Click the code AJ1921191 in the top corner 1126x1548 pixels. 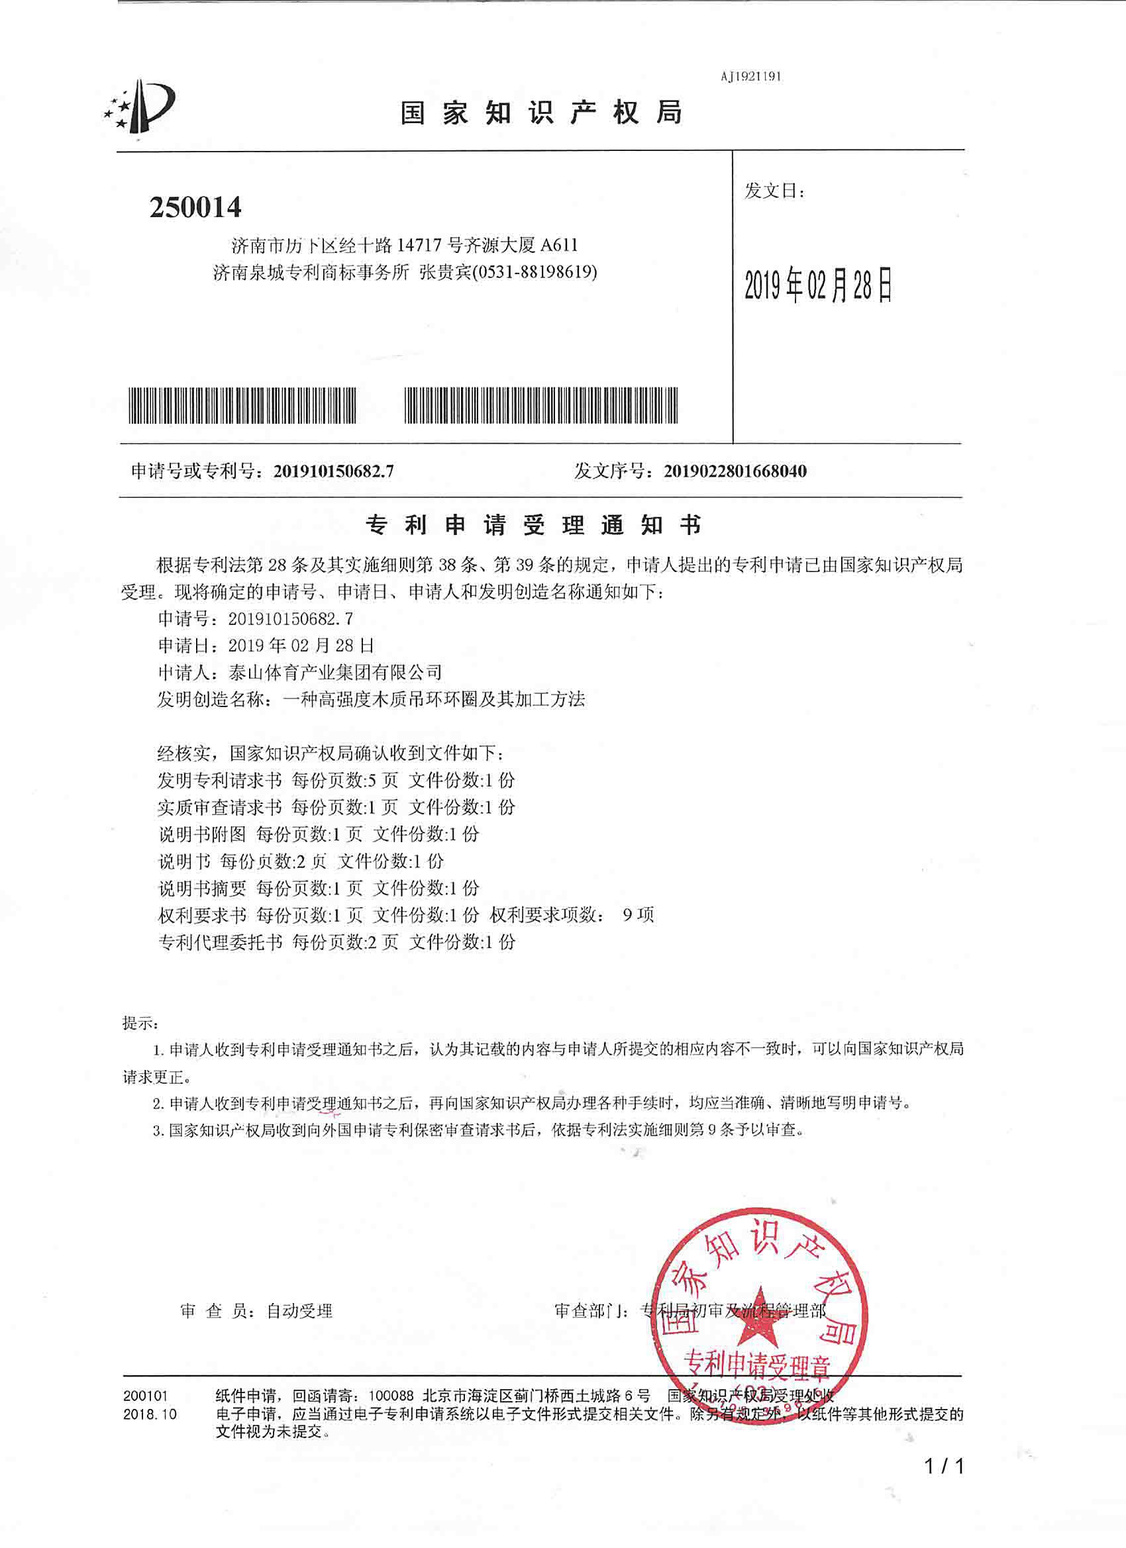[x=750, y=76]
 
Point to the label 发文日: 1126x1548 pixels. [x=774, y=191]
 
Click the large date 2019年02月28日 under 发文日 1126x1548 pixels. [x=818, y=285]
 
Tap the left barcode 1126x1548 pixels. [x=242, y=405]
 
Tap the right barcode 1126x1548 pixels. [x=540, y=405]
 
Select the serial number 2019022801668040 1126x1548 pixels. [x=735, y=471]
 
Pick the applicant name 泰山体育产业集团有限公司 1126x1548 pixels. [x=335, y=673]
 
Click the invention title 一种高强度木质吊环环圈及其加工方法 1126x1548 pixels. [x=434, y=700]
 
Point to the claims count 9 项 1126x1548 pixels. [x=638, y=915]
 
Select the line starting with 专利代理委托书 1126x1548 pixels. [x=336, y=943]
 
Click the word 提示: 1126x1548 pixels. [x=140, y=1023]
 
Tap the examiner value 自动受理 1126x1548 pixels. [x=299, y=1311]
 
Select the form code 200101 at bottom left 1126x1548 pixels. [x=145, y=1396]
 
